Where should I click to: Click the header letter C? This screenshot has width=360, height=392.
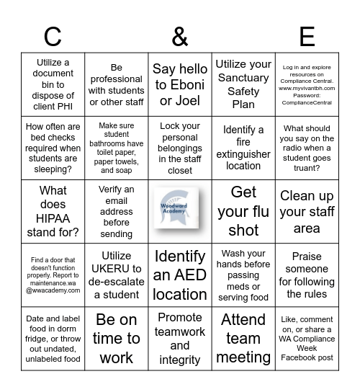(53, 35)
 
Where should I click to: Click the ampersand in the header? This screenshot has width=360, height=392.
(180, 35)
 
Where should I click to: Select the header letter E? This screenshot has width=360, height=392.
(307, 35)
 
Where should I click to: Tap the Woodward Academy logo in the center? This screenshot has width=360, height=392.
(180, 211)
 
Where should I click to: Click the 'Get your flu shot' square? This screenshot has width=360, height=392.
(243, 211)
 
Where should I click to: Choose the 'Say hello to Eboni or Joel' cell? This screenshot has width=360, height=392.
(180, 84)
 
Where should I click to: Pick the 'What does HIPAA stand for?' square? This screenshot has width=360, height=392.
(53, 211)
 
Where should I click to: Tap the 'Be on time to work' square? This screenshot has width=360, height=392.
(116, 338)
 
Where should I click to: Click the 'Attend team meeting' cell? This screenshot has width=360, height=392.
(243, 338)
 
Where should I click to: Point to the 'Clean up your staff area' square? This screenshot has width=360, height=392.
(307, 211)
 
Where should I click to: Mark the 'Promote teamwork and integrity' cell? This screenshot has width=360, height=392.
(180, 338)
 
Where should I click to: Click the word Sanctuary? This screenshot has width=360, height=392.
(243, 78)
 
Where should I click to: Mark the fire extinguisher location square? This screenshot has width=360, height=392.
(243, 148)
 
